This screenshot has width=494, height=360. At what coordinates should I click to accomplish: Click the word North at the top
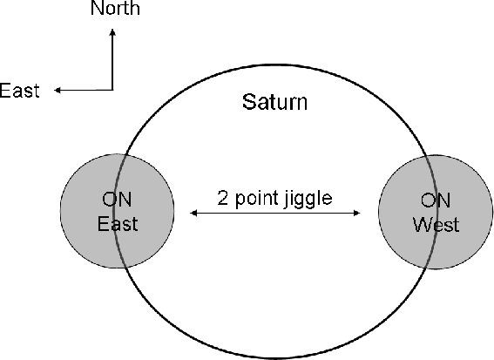(x=115, y=8)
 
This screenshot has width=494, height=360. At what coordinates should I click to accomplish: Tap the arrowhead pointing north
(x=112, y=32)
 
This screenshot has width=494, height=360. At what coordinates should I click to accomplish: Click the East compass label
(x=19, y=91)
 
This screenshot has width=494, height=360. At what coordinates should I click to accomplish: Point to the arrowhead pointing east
(x=58, y=90)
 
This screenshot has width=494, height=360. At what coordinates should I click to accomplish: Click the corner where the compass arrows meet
(x=112, y=90)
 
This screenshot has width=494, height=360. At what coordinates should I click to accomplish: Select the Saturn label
(x=274, y=102)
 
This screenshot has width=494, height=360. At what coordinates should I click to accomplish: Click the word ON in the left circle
(x=117, y=200)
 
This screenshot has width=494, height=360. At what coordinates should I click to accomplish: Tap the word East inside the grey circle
(x=118, y=224)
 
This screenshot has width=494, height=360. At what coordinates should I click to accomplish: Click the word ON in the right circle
(x=436, y=200)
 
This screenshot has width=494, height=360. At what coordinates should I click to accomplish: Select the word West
(x=436, y=225)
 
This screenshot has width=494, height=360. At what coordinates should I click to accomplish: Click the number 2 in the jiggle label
(x=222, y=198)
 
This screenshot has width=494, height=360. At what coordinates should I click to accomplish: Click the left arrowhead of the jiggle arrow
(x=193, y=213)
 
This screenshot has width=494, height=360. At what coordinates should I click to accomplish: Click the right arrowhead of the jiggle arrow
(x=356, y=213)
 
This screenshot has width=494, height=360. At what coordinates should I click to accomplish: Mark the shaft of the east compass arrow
(x=86, y=90)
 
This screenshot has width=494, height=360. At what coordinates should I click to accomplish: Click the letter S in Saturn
(x=247, y=102)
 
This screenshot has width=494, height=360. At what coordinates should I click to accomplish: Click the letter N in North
(x=97, y=8)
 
